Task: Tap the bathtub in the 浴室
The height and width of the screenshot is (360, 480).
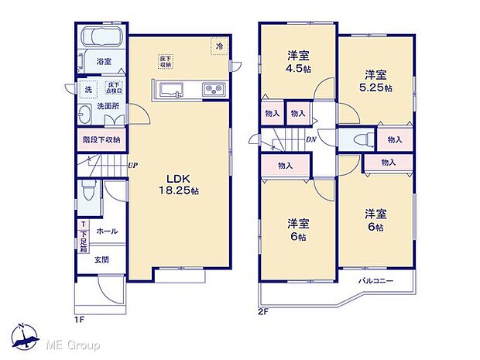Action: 103,39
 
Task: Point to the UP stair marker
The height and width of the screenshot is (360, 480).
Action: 133,165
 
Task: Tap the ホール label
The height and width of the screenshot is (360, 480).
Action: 107,231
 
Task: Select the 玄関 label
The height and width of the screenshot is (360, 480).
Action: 102,260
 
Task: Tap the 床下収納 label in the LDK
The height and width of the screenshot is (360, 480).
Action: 166,60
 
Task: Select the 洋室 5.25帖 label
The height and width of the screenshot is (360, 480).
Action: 376,81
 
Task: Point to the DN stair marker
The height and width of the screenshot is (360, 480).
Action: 310,139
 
